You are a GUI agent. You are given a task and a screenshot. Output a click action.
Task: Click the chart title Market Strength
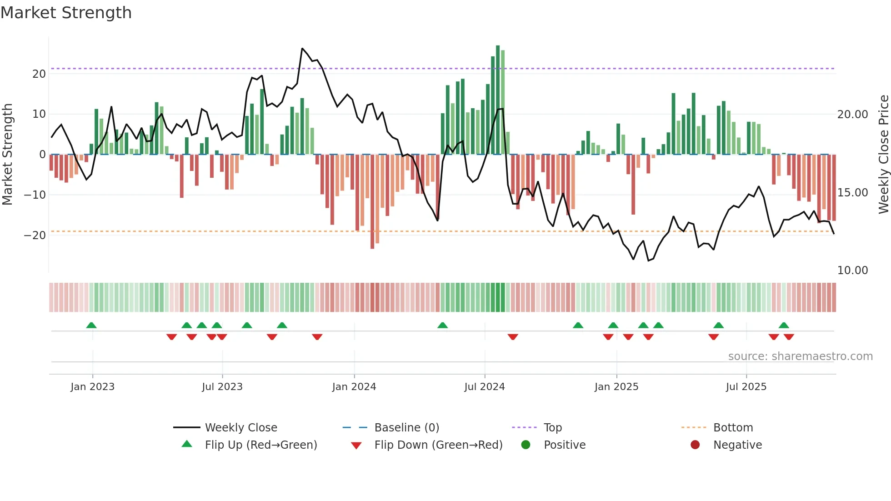(x=66, y=13)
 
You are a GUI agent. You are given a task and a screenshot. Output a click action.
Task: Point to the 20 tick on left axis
(x=39, y=74)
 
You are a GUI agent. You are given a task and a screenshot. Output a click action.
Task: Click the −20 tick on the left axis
(x=35, y=235)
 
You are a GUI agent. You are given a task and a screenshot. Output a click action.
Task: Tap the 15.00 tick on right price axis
(x=852, y=192)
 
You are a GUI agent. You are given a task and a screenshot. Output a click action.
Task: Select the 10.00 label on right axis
(x=852, y=270)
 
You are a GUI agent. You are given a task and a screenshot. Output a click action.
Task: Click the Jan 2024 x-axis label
(x=354, y=387)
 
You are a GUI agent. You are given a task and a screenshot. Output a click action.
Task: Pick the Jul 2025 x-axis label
(x=746, y=387)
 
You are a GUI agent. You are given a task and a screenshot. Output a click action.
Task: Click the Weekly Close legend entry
(x=241, y=428)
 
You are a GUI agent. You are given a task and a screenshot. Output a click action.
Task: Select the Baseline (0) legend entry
(x=406, y=428)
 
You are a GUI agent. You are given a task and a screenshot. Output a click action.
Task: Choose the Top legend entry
(x=553, y=428)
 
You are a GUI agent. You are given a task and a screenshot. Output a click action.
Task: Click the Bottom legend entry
(x=733, y=428)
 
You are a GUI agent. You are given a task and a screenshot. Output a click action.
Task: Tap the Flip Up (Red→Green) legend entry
(x=261, y=445)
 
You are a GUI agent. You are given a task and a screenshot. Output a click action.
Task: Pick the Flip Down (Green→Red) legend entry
(x=438, y=445)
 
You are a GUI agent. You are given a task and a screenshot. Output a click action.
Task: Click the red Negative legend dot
(x=695, y=445)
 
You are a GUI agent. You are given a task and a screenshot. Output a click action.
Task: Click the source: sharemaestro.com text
(x=800, y=356)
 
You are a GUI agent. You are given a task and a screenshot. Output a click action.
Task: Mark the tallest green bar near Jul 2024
(x=498, y=100)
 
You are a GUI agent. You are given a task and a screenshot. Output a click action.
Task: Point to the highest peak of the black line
(x=302, y=49)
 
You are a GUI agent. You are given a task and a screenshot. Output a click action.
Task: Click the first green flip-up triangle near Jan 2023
(x=91, y=325)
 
